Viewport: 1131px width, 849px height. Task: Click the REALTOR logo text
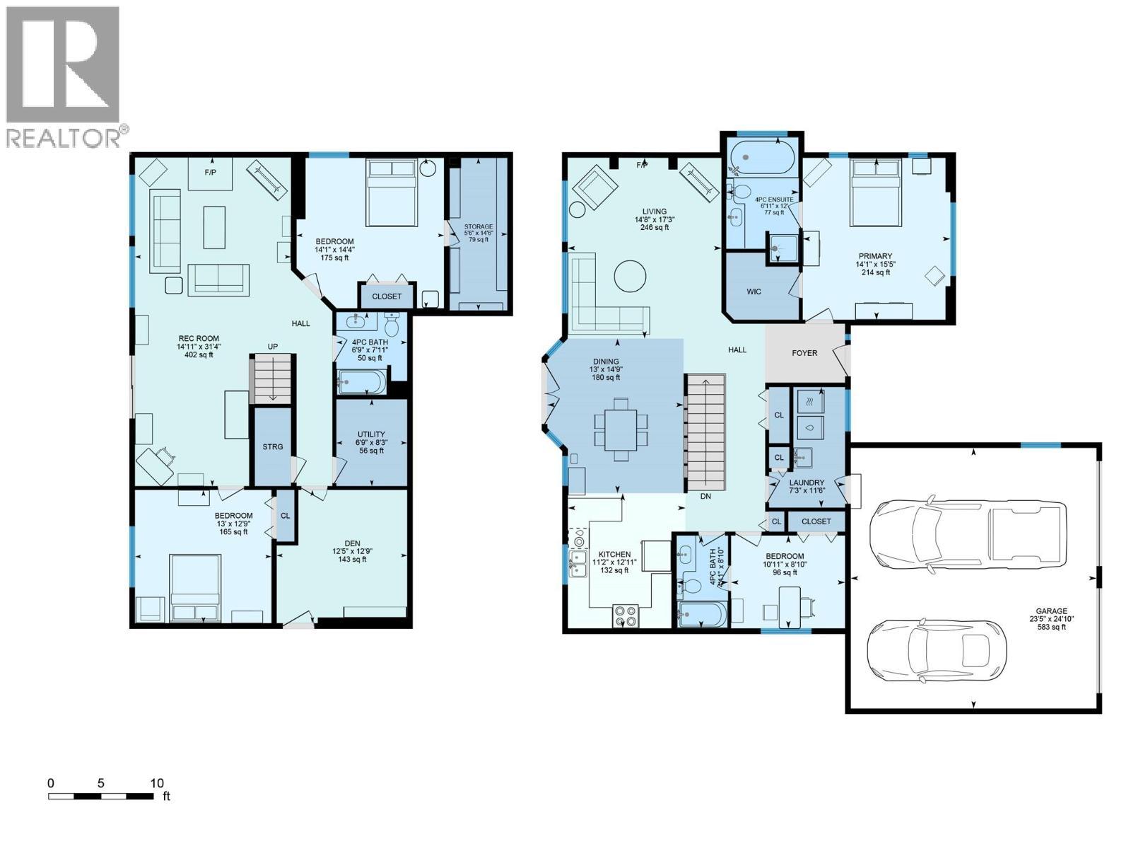64,138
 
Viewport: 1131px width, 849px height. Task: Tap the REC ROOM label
198,339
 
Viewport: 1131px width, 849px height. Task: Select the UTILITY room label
371,434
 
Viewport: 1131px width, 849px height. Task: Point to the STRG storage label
273,446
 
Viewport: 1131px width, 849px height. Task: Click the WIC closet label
754,291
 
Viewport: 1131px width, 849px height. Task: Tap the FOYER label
804,353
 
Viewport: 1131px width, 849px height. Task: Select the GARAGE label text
1051,611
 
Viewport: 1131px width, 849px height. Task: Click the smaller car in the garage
935,651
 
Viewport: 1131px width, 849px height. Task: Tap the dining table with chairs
621,429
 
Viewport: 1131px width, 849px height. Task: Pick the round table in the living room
629,276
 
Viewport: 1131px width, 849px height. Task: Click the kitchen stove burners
625,615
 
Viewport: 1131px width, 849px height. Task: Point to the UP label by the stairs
272,347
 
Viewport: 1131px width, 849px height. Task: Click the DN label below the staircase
705,497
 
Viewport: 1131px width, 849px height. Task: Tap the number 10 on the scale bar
157,783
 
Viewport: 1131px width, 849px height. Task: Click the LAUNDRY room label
807,483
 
